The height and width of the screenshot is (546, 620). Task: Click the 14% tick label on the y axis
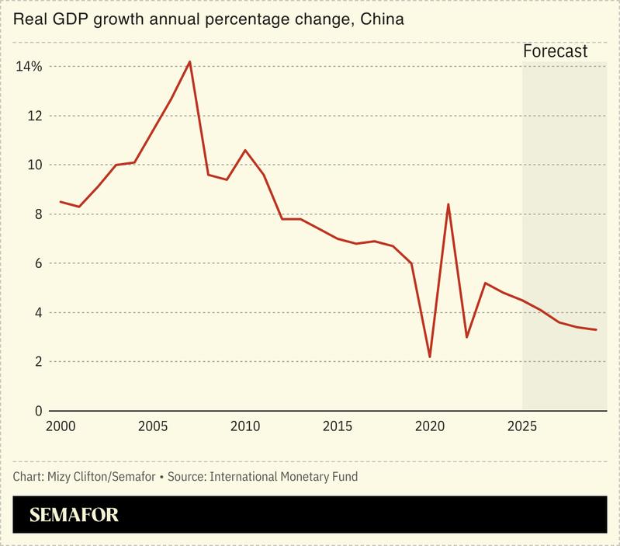[29, 67]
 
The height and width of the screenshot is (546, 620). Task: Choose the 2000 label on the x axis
[61, 426]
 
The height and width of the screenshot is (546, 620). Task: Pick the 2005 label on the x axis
[153, 426]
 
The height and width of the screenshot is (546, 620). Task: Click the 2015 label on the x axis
[338, 426]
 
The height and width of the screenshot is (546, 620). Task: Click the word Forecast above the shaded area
[555, 52]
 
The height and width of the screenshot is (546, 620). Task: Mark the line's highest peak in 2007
[190, 61]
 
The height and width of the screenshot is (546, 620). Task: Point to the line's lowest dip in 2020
[430, 357]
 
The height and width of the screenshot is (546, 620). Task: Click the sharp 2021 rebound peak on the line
[449, 204]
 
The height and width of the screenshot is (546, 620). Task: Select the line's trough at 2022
[467, 337]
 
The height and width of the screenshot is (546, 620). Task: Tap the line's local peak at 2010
[245, 150]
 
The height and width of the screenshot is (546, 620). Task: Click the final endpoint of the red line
[596, 330]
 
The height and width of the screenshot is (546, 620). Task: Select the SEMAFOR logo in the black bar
[74, 515]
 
